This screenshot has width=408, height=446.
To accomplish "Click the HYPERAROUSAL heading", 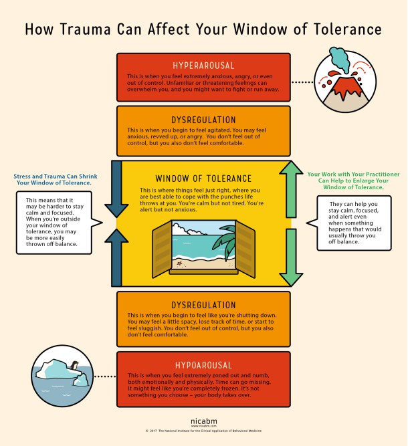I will click(203, 66).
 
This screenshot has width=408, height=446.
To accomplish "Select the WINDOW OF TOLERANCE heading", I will click(203, 179).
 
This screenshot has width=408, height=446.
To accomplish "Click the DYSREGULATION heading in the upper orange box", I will click(203, 119).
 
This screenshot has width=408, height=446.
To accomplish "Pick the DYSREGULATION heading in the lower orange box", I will click(203, 304).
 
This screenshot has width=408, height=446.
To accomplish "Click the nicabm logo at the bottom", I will click(203, 427).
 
